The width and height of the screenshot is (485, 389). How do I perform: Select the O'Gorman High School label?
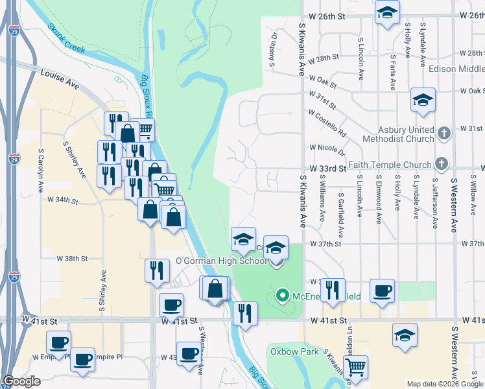[x=221, y=261]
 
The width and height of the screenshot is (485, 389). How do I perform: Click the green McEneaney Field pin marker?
[x=282, y=296]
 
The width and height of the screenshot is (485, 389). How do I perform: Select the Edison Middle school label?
[x=461, y=69]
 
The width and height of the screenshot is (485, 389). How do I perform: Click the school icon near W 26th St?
[x=387, y=12]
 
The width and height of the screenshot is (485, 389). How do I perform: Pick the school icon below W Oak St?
[x=423, y=100]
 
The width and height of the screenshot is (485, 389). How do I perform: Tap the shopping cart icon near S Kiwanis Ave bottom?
[x=355, y=367]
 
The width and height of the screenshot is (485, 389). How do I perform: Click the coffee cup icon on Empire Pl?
[x=82, y=359]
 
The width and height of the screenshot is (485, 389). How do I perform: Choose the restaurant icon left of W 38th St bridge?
[x=156, y=270]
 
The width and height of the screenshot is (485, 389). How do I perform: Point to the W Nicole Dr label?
[x=327, y=150]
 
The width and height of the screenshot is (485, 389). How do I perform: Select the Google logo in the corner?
[x=21, y=381]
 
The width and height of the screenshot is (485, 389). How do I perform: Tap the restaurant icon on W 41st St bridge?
[x=244, y=312]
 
